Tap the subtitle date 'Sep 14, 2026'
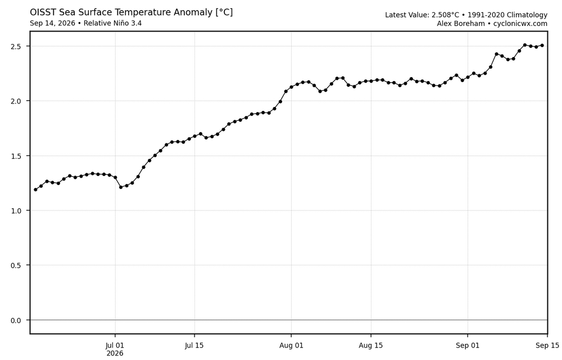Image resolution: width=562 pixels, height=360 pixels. [x=52, y=23]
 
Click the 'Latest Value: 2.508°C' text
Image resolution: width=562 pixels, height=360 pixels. [x=422, y=15]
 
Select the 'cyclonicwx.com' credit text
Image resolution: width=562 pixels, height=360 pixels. [x=520, y=24]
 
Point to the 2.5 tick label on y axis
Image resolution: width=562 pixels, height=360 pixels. [x=16, y=47]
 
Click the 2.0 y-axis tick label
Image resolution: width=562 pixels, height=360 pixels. [x=16, y=101]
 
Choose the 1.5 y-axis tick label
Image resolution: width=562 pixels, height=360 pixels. [x=16, y=156]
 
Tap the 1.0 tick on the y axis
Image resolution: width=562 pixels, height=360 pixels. [x=16, y=211]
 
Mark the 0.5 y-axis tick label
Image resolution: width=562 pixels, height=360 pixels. [x=16, y=265]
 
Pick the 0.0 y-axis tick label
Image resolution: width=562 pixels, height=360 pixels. [x=16, y=321]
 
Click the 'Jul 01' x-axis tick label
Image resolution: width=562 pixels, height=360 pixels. [x=115, y=346]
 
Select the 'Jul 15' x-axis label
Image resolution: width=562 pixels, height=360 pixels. [x=194, y=346]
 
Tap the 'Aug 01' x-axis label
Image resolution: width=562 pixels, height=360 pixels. [x=291, y=346]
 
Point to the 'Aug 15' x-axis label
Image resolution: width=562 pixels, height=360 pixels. [x=370, y=346]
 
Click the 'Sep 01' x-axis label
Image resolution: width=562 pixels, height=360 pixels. [x=468, y=346]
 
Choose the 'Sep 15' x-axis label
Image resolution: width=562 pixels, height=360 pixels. [x=547, y=346]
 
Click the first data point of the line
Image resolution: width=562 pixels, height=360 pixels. [x=35, y=190]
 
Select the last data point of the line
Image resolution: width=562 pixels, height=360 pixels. [x=542, y=46]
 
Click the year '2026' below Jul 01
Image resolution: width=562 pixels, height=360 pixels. [x=115, y=354]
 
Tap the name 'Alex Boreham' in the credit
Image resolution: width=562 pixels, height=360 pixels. [x=461, y=24]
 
